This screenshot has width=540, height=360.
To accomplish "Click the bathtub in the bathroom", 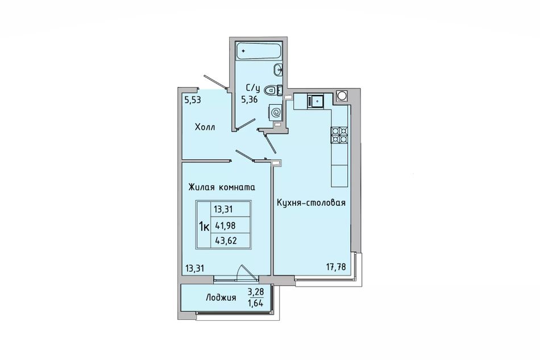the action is click(x=259, y=51).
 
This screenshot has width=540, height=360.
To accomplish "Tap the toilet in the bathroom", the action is click(x=273, y=90).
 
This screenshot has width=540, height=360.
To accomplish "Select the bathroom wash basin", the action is click(x=278, y=69).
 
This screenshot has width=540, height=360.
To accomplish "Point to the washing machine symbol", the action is click(x=276, y=112).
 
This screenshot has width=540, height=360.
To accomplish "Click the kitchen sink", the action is click(x=316, y=101).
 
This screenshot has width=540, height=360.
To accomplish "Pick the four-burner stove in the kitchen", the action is click(x=339, y=135).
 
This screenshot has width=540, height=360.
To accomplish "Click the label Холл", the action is click(x=205, y=127).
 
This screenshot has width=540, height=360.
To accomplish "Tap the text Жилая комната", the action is click(x=222, y=188).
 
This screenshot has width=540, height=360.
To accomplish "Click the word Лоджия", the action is click(x=221, y=297).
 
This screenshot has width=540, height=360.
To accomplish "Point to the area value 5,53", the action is click(x=193, y=100).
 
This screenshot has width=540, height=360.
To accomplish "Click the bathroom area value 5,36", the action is click(x=250, y=100).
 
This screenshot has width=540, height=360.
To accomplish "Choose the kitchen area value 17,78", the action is click(x=336, y=267).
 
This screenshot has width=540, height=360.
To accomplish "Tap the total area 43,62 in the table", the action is click(x=226, y=241).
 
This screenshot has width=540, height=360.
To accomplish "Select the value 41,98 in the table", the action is click(x=226, y=225).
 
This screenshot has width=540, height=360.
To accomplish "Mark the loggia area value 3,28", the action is click(x=256, y=292).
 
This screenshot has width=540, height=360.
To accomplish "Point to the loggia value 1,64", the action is click(x=256, y=304).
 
